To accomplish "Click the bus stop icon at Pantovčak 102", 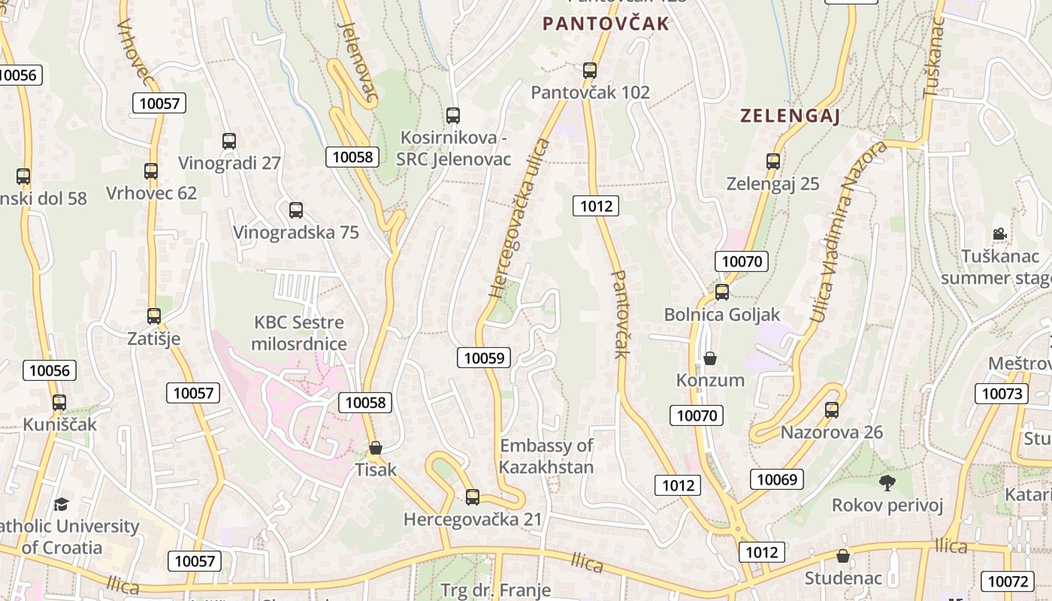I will [590, 71].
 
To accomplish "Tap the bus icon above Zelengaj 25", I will [773, 161].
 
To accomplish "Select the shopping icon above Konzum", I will [710, 358].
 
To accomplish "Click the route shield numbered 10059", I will [485, 358].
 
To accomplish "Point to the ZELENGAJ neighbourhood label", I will [790, 116].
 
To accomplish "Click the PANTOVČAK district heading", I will [606, 24].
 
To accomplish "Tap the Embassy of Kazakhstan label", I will [546, 456].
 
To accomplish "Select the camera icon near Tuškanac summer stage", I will [999, 234].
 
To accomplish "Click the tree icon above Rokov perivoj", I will [887, 482].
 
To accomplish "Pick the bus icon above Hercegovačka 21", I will [473, 497].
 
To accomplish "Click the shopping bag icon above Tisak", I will [376, 448].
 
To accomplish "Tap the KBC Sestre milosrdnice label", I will [299, 334].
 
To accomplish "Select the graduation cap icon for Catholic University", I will [61, 503].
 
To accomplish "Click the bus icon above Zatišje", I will [154, 316].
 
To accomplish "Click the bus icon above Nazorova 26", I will [832, 409].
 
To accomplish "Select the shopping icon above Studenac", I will [843, 556].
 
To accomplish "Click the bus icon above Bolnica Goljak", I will [722, 291].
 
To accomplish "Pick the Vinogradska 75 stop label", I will [296, 232].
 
